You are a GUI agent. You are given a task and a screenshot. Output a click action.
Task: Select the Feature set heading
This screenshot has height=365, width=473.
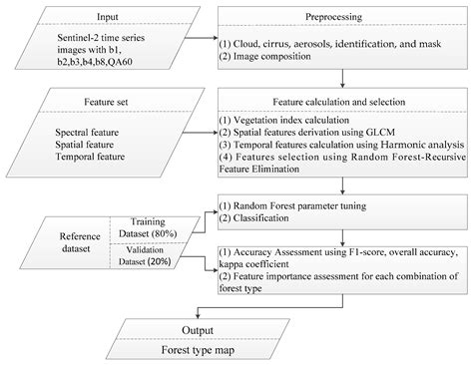(106, 101)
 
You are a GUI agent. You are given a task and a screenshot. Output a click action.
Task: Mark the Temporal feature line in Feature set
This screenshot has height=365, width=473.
(96, 158)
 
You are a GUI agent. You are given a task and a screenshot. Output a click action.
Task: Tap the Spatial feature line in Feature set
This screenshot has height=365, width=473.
(92, 144)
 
